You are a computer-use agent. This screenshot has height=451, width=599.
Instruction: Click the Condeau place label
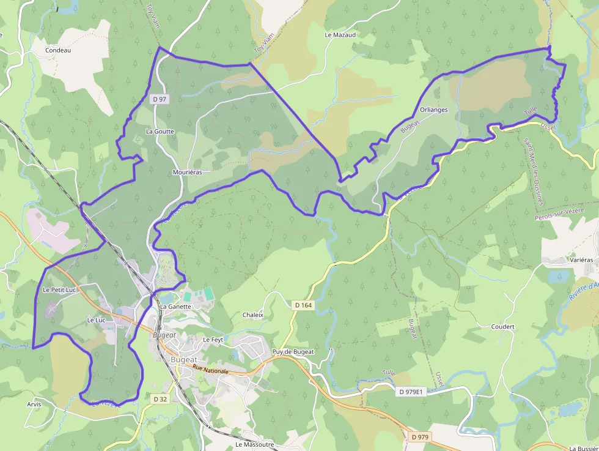point(58,50)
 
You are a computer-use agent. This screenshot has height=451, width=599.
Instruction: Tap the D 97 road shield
point(160,99)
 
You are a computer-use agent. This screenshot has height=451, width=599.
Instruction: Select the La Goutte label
point(160,132)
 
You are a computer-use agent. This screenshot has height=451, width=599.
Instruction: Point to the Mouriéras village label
point(188,173)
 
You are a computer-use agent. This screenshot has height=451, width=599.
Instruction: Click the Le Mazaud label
point(340,35)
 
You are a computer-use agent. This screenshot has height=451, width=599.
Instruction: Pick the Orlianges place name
point(434,110)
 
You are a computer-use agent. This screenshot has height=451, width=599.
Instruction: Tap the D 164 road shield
point(303,305)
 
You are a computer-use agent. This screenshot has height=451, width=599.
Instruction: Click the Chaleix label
point(252,315)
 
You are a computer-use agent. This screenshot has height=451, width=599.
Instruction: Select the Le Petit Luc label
point(59,289)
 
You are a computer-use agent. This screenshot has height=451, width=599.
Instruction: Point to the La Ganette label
point(176,306)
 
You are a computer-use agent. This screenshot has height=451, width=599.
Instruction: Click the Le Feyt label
point(213,340)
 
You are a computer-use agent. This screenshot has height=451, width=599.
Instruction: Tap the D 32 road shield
point(160,399)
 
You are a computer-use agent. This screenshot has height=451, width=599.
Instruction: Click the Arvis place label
point(34,404)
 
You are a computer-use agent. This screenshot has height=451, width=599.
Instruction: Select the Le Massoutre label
point(255,444)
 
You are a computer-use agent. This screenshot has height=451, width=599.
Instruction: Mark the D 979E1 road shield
point(411,392)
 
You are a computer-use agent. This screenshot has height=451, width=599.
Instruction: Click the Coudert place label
point(503,327)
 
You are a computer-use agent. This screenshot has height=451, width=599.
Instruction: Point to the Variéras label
point(581,260)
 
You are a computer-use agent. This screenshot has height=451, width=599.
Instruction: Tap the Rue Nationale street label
point(210,371)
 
